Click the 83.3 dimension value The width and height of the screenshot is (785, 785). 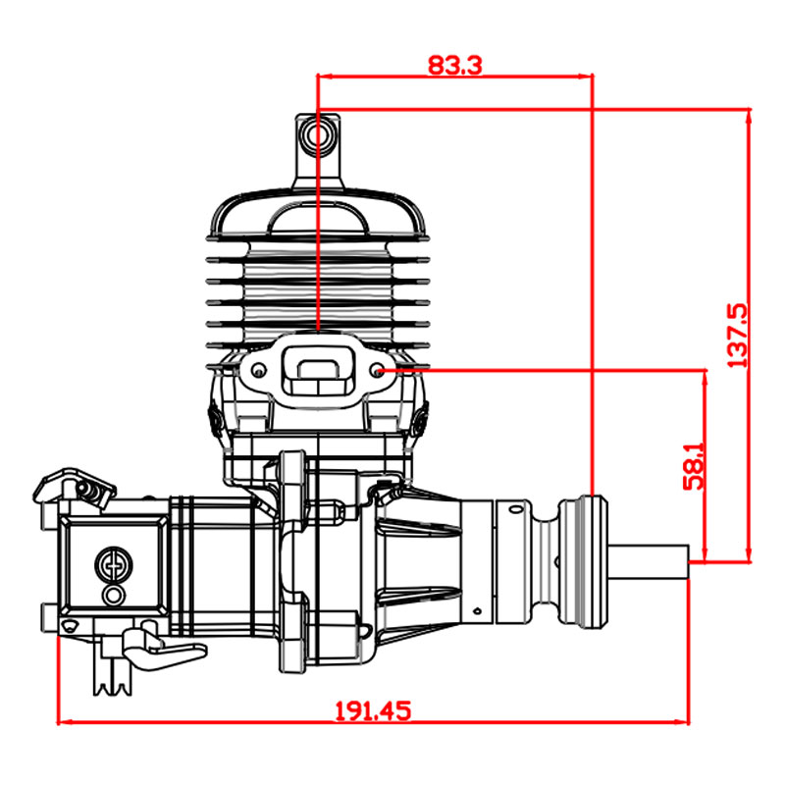(x=454, y=65)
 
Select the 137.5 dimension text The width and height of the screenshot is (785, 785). (x=737, y=335)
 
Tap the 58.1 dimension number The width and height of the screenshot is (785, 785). (x=694, y=465)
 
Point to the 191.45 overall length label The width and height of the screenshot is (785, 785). (x=373, y=710)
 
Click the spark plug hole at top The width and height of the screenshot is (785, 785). (x=317, y=135)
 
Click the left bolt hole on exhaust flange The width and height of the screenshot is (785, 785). (x=258, y=371)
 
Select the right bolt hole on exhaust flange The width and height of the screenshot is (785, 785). (x=378, y=371)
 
